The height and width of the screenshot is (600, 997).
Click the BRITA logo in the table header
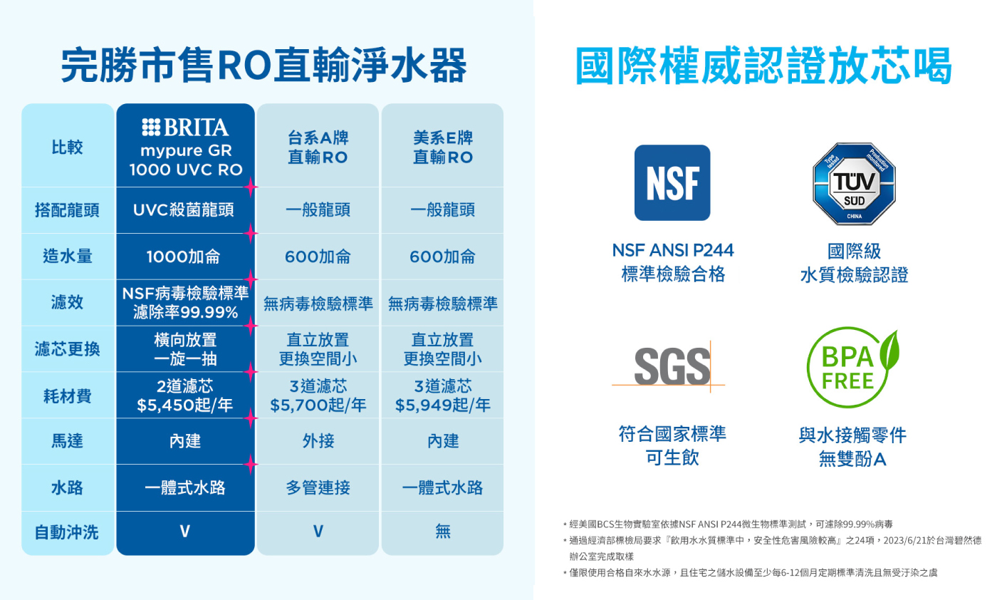(x=185, y=128)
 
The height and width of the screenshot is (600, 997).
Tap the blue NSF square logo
(x=672, y=182)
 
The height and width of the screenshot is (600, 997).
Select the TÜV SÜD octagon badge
(x=854, y=184)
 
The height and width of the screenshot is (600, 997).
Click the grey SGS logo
(x=672, y=366)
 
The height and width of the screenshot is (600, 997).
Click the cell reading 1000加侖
(x=184, y=257)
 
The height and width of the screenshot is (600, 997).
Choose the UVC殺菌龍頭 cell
(x=184, y=210)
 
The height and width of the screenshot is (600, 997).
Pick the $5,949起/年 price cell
(x=442, y=395)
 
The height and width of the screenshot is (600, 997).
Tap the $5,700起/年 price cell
(x=318, y=395)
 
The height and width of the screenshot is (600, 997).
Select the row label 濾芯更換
(x=67, y=349)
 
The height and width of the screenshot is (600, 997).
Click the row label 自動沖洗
(x=67, y=532)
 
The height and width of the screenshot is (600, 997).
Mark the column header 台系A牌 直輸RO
(x=318, y=148)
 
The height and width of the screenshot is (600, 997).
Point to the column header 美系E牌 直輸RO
(x=443, y=148)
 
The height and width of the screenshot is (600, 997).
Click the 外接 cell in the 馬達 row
(x=318, y=441)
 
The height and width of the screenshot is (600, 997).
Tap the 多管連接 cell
(x=318, y=487)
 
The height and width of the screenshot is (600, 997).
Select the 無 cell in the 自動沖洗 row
(x=443, y=532)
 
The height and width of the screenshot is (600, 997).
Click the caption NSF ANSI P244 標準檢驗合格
(x=673, y=262)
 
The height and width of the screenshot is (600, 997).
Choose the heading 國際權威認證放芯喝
(x=763, y=66)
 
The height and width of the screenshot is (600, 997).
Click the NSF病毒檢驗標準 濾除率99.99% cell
(x=185, y=303)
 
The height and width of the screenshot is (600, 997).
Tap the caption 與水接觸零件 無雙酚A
(x=852, y=447)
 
